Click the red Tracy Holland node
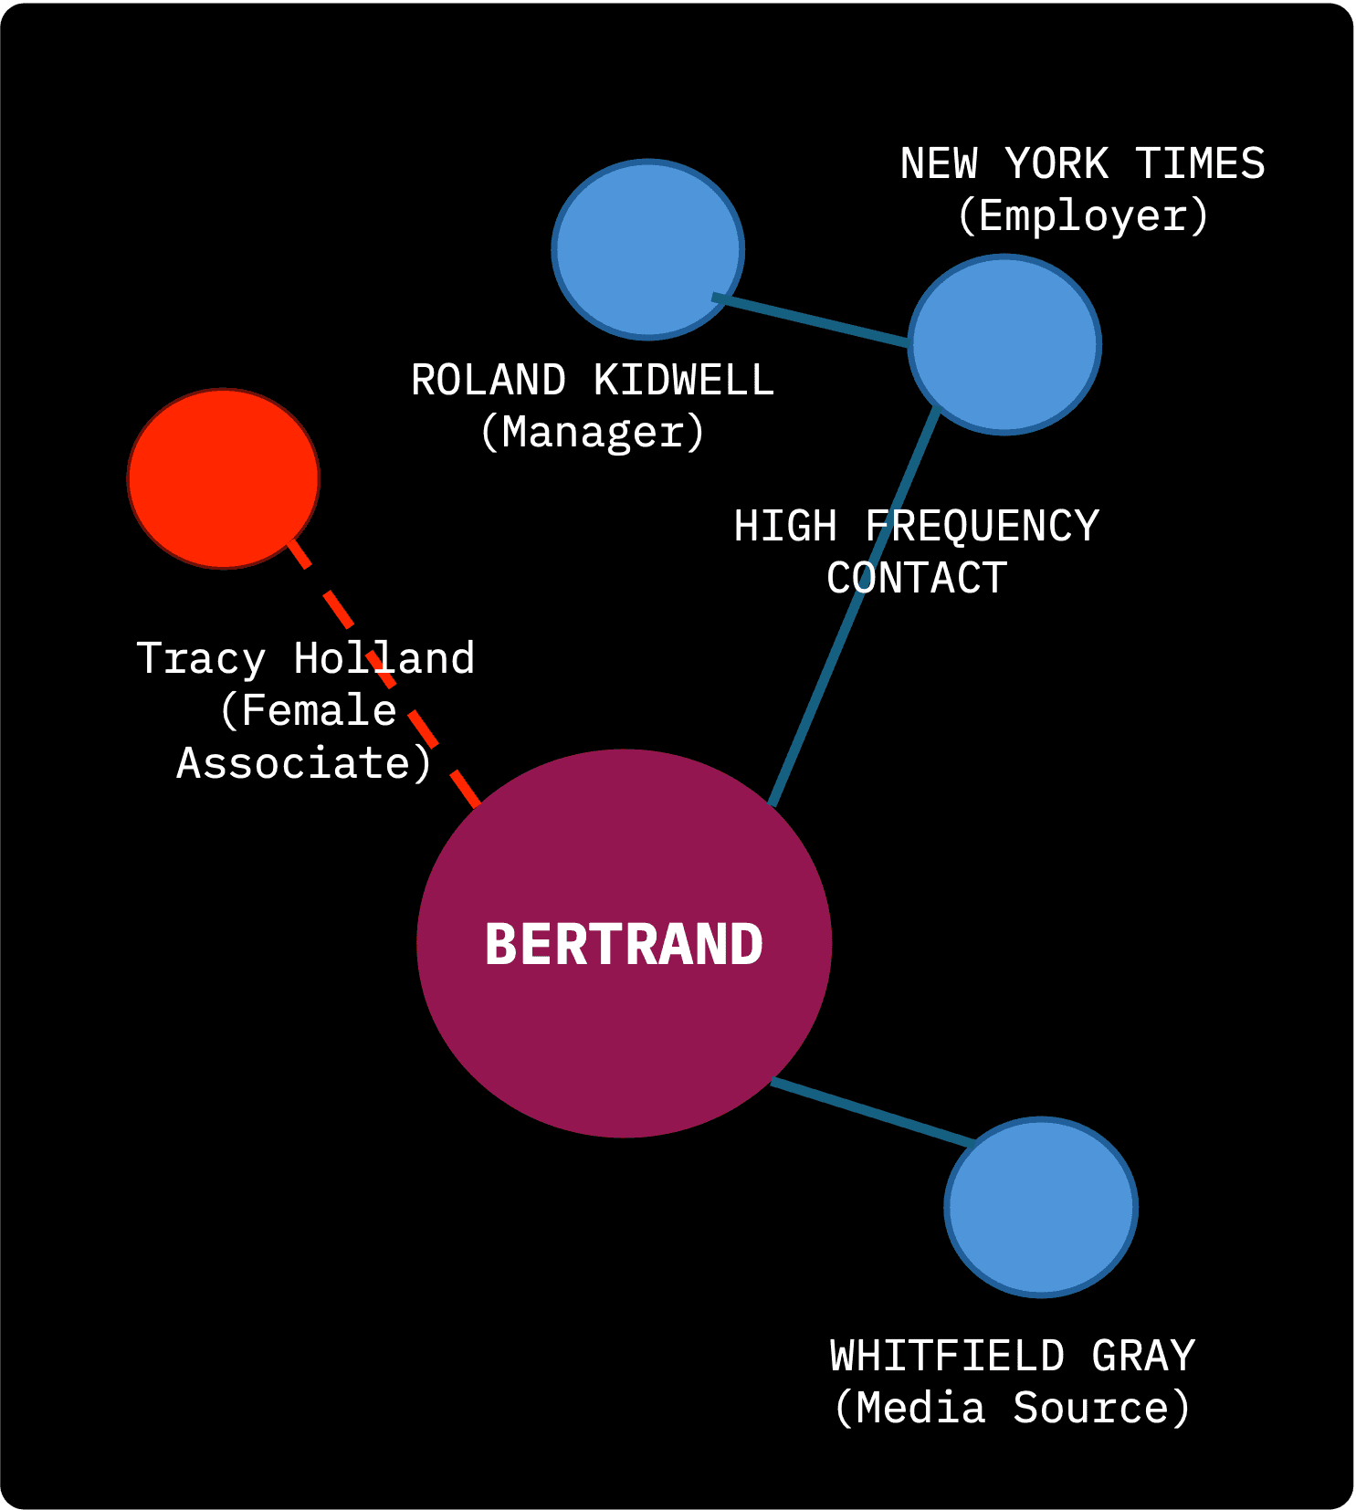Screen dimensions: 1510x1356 pos(224,478)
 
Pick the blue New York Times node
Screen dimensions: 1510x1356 pos(1004,345)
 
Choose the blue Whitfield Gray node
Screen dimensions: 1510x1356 pos(1041,1207)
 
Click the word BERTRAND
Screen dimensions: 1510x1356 pos(624,944)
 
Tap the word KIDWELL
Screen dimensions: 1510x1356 pos(683,380)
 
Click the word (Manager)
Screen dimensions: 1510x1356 pos(593,432)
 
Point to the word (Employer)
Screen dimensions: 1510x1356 pos(1083,215)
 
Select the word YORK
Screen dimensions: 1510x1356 pos(1056,164)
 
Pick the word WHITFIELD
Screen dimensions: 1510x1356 pos(947,1356)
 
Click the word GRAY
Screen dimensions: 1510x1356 pos(1143,1356)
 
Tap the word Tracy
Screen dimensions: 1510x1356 pos(201,658)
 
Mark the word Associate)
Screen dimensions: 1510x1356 pos(303,763)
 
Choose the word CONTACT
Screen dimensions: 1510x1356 pos(917,578)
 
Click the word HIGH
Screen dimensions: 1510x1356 pos(785,526)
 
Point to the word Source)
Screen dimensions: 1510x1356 pos(1101,1408)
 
